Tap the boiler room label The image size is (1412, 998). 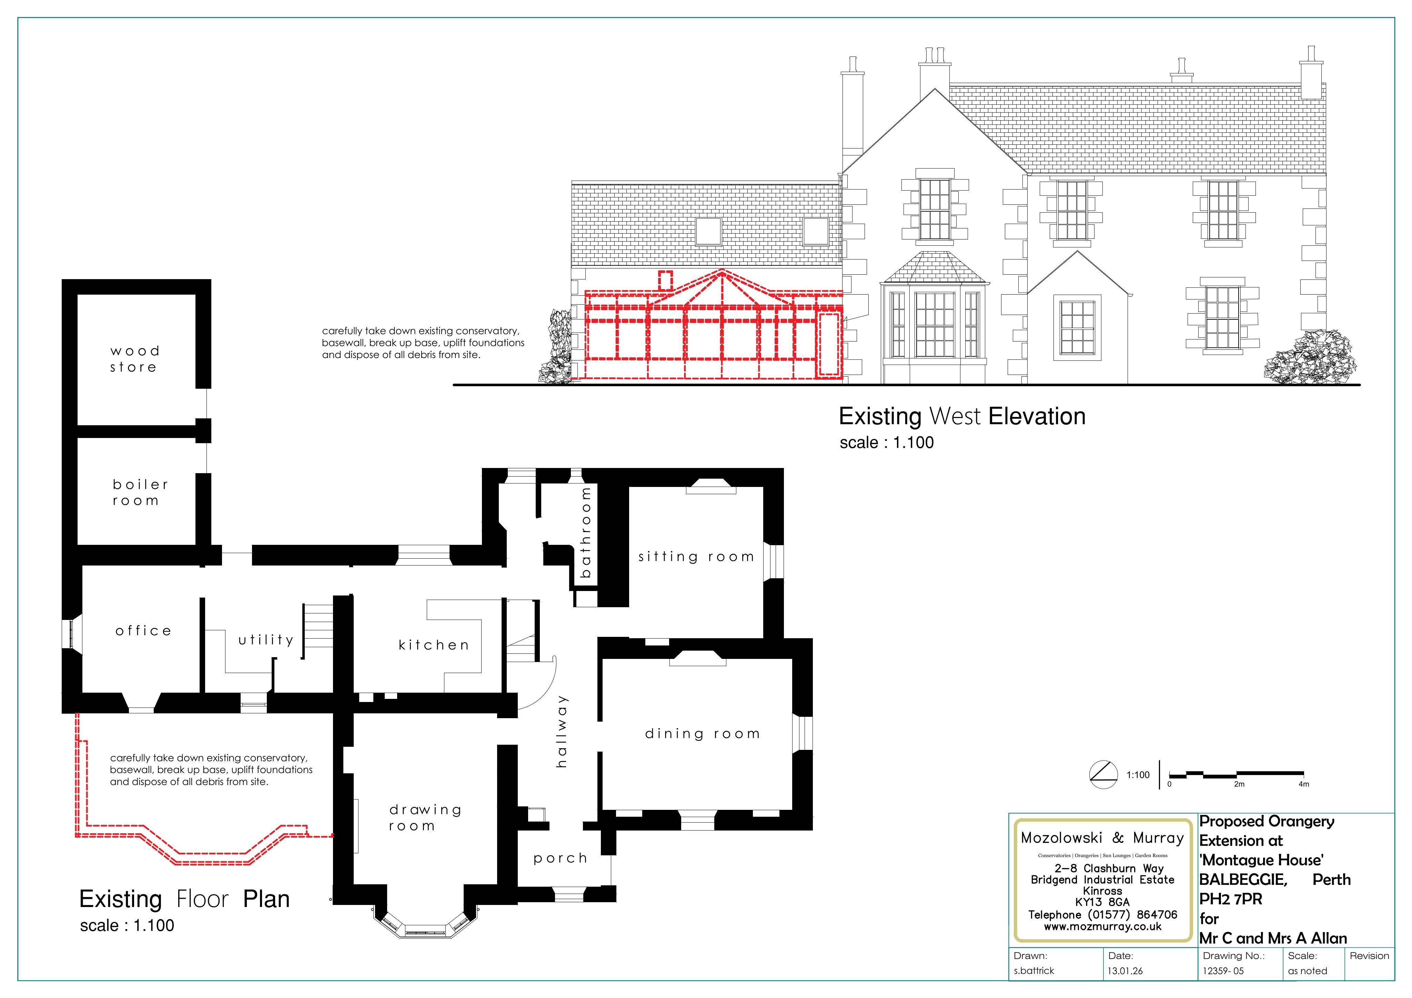(140, 492)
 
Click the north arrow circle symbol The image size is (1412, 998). (1103, 775)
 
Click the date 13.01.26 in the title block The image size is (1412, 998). (1126, 971)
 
